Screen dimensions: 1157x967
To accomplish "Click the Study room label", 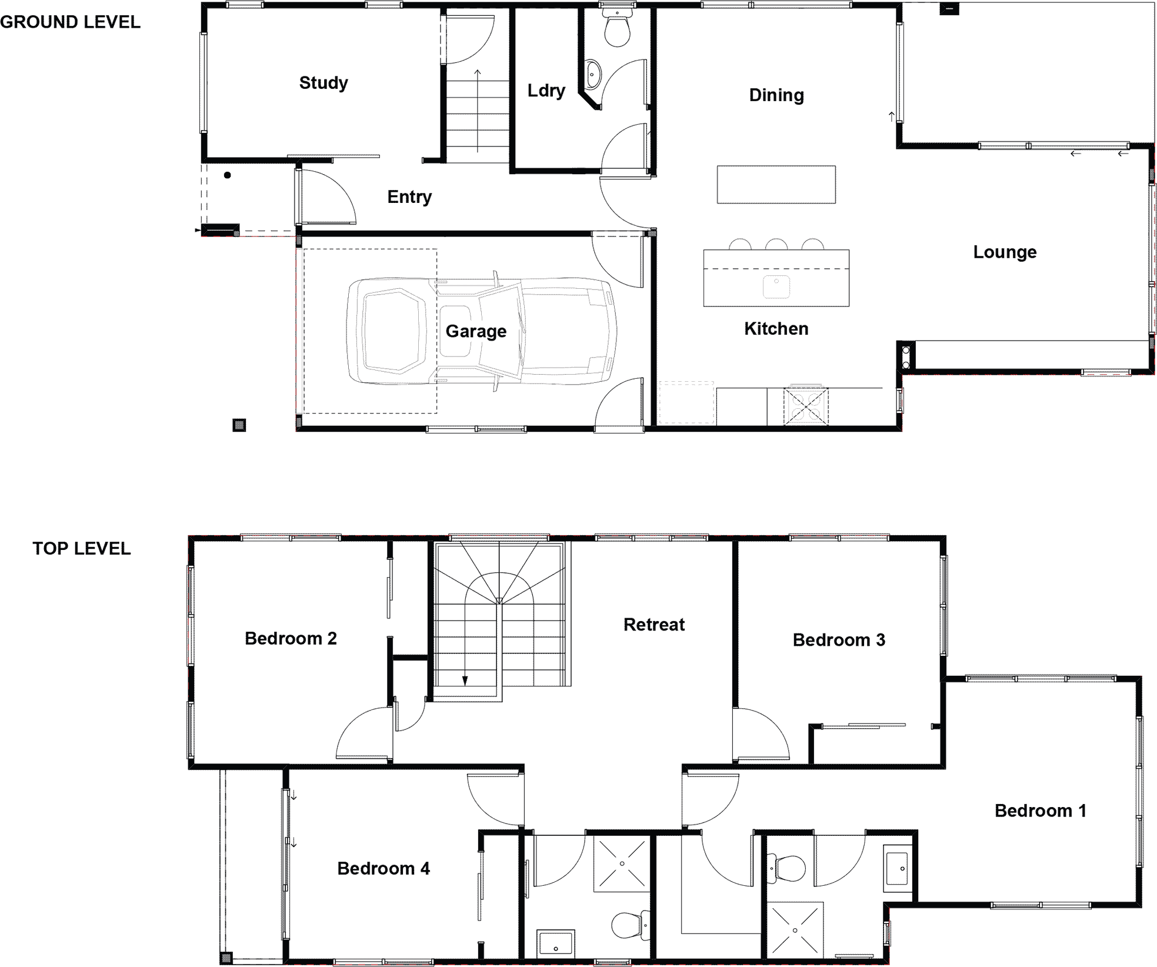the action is tap(324, 83).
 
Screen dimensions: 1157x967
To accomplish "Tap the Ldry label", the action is tap(546, 91).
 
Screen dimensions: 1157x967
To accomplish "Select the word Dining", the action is tap(776, 95).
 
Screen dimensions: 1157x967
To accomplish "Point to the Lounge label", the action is tap(1005, 252).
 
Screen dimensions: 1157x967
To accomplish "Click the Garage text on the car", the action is tap(476, 332).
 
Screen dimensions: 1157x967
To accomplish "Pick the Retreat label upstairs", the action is tap(654, 625).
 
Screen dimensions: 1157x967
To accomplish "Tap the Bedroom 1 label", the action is tap(1040, 811).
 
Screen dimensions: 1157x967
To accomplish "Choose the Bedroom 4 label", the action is tap(384, 869).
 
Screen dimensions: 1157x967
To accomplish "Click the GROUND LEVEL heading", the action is tap(71, 22).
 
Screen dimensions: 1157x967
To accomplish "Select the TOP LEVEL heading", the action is tap(82, 549).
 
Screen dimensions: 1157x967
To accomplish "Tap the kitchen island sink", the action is tap(776, 286).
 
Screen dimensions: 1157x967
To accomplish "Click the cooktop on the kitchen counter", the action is tap(806, 406).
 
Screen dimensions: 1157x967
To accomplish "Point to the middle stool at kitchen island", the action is tap(776, 245).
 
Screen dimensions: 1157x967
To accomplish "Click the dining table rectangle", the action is tap(776, 185).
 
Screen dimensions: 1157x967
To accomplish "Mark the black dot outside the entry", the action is tap(228, 175).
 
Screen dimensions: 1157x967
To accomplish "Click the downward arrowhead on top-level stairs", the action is tap(465, 681).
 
